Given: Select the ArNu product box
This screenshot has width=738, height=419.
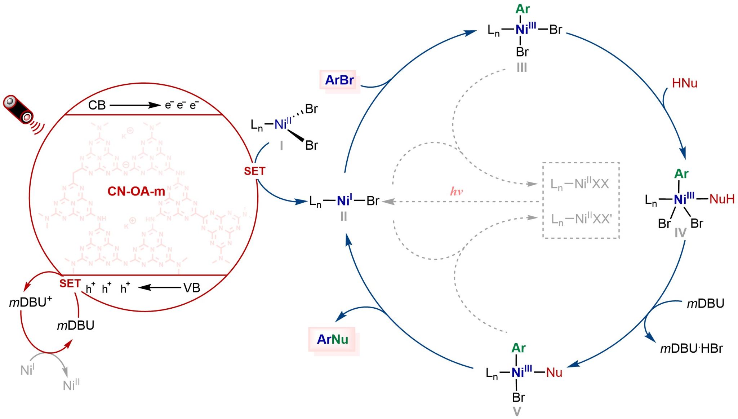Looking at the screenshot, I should tap(332, 339).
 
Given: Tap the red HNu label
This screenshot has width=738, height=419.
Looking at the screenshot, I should tap(684, 83).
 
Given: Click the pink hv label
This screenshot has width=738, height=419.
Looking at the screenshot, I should tap(456, 191).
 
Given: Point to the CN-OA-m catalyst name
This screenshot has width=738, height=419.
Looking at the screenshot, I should tap(136, 191).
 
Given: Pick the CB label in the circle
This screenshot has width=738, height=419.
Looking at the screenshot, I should tap(97, 105).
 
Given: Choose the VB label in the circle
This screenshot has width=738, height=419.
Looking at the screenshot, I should tap(191, 288).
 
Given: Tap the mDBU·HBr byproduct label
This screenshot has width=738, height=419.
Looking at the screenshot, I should tap(691, 348).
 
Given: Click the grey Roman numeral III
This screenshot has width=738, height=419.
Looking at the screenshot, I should tap(521, 67).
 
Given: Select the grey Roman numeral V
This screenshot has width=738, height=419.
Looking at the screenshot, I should tap(517, 412).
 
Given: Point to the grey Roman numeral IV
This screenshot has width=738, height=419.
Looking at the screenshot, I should tap(680, 233).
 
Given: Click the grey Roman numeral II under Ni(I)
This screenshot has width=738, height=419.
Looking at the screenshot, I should tap(343, 216).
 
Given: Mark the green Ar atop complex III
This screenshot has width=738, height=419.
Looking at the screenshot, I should tap(522, 9).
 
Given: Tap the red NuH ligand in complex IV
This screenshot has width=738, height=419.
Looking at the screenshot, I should tap(721, 199).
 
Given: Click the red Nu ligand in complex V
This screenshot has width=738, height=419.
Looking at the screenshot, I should tap(554, 372).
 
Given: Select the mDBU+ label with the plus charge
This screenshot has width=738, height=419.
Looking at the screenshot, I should tap(31, 302).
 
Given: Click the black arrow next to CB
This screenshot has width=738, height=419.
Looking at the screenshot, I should tap(135, 105).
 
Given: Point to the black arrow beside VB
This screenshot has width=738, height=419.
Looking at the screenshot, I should tap(159, 288).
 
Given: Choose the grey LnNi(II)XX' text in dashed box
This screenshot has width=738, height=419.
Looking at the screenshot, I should tap(581, 219).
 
